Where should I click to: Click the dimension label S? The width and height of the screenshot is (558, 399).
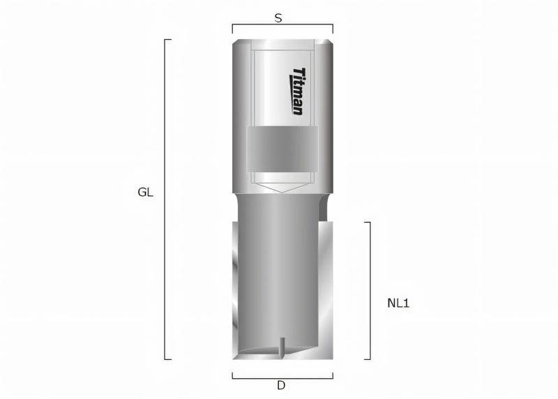coord(278,19)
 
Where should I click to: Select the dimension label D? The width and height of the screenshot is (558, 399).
coord(281,384)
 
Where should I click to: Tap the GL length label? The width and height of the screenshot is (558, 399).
coord(145,193)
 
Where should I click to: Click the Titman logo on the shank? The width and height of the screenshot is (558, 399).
coord(296,91)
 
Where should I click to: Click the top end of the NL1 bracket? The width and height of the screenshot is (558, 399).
coord(368,223)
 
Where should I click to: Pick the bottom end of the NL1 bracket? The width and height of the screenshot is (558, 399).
coord(368,359)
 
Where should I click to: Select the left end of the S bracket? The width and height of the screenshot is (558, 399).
coord(232,28)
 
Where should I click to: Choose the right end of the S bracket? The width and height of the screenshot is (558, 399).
coord(333,28)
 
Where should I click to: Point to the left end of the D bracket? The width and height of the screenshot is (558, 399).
coord(232,377)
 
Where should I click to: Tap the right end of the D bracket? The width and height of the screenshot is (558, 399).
coord(333,377)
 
